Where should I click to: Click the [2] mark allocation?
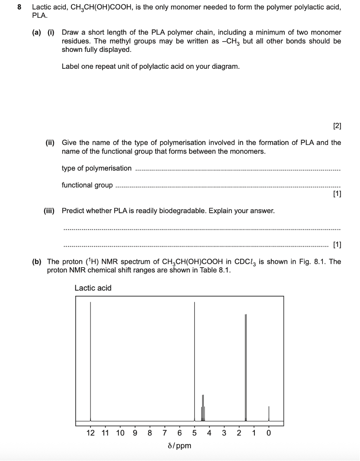(x=337, y=126)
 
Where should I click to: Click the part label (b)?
(x=37, y=262)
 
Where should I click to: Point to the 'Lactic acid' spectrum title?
(x=93, y=288)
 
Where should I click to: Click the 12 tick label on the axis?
(x=90, y=432)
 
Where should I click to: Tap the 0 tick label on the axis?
(x=269, y=432)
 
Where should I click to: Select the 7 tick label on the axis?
(x=165, y=432)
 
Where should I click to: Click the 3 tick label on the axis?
(x=224, y=432)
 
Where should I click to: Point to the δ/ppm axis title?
(x=179, y=445)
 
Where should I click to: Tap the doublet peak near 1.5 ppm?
(x=246, y=368)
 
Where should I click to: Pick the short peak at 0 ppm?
(x=269, y=413)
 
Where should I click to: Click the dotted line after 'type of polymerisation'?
(x=238, y=170)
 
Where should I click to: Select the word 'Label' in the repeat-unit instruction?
(x=71, y=67)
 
